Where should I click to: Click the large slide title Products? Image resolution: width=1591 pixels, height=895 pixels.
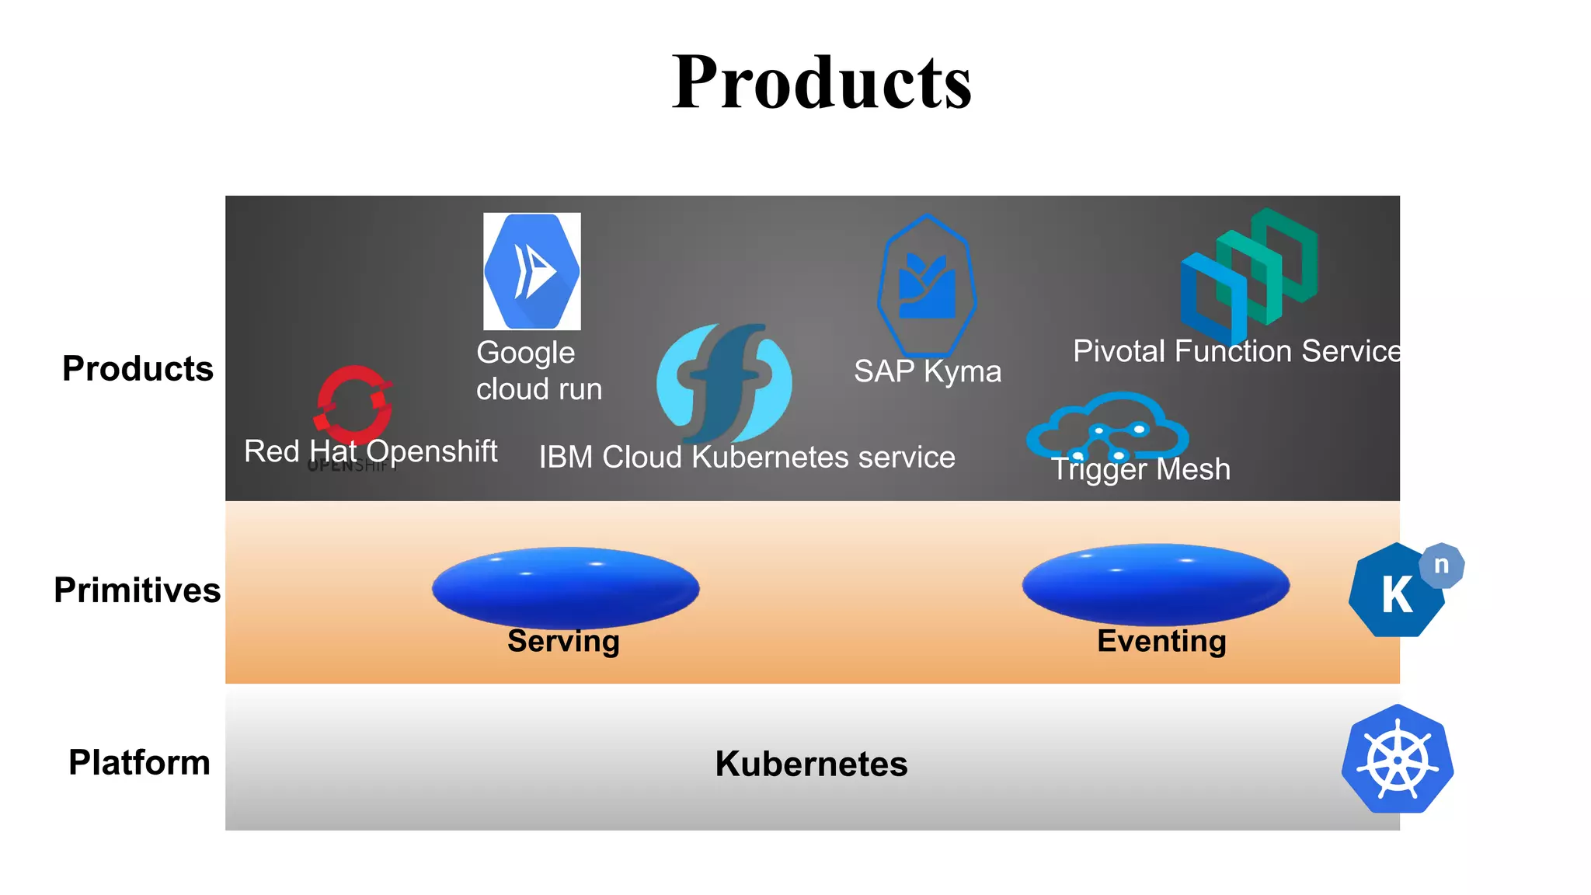tap(821, 82)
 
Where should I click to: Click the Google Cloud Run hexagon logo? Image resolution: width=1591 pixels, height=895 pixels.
tap(532, 271)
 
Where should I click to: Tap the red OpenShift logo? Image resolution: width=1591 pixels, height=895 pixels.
tap(354, 404)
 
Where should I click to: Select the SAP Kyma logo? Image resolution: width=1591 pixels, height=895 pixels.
tap(927, 286)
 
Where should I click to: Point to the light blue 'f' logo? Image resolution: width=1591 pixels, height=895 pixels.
tap(724, 383)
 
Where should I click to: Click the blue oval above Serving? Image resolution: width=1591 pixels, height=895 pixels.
tap(566, 587)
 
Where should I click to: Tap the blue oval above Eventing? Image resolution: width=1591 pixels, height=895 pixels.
tap(1156, 584)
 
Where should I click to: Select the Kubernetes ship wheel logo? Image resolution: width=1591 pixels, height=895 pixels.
tap(1398, 759)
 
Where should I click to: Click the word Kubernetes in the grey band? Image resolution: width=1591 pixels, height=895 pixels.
tap(811, 764)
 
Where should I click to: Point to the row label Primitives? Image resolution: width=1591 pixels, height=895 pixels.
tap(137, 590)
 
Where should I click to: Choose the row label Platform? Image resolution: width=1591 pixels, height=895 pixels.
tap(139, 762)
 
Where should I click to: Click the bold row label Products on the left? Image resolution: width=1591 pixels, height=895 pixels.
tap(138, 368)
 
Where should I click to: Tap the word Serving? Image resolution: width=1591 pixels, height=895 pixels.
tap(563, 642)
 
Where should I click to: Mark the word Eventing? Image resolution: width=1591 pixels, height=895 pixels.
tap(1161, 642)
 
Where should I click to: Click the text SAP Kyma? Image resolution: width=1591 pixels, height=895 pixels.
tap(928, 371)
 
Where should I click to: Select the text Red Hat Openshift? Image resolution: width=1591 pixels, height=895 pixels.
tap(371, 451)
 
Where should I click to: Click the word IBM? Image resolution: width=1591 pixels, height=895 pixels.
tap(566, 458)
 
